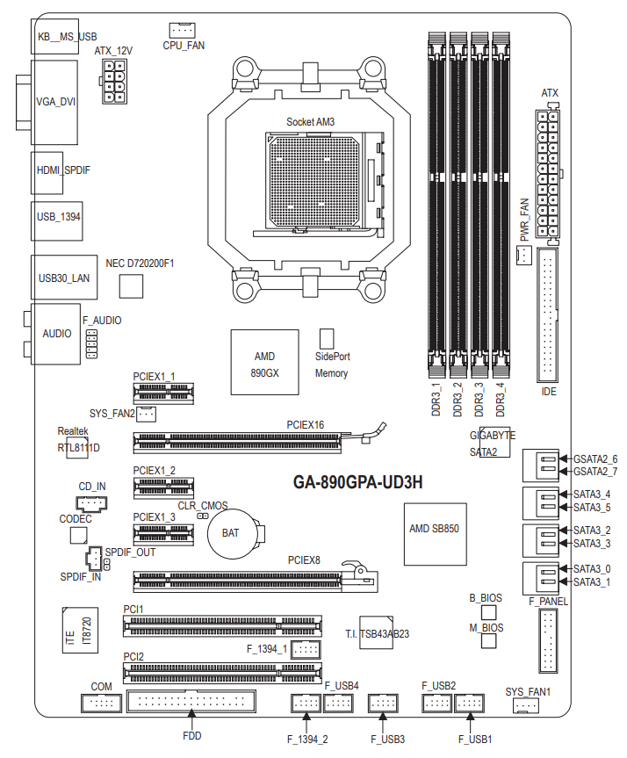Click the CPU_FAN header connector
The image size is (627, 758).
[184, 29]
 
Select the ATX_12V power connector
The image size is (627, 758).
[117, 83]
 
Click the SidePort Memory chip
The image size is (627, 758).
[327, 340]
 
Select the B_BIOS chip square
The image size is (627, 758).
[489, 611]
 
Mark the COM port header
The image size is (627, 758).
[100, 703]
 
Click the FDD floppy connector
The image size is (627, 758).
[191, 703]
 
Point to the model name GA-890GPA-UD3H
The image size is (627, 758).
[357, 482]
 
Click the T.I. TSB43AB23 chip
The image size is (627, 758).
[377, 631]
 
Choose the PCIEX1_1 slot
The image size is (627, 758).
[163, 393]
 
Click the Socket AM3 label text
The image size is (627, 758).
[310, 121]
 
